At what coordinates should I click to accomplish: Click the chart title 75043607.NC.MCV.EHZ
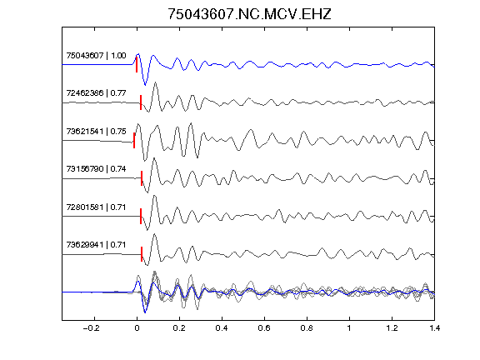tap(249, 14)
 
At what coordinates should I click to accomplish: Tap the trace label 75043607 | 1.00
tap(96, 55)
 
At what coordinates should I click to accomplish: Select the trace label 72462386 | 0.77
tap(96, 92)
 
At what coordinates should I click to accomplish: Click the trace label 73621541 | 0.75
tap(96, 132)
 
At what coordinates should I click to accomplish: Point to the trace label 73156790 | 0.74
tap(96, 169)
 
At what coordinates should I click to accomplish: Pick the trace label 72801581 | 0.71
tap(96, 207)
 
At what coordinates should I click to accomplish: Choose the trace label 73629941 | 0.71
tap(96, 245)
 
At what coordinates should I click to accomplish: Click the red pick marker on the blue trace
tap(137, 65)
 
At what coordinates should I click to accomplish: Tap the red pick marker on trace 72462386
tap(141, 102)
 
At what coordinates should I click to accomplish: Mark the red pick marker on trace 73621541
tap(134, 141)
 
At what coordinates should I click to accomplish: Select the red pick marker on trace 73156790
tap(142, 178)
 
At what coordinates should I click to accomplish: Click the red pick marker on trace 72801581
tap(141, 216)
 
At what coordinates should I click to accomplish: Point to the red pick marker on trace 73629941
tap(142, 254)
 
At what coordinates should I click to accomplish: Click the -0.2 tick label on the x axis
tap(91, 328)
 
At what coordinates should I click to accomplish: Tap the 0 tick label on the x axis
tap(137, 328)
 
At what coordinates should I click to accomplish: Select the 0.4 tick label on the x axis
tap(222, 328)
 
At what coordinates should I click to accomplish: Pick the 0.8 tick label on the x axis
tap(307, 328)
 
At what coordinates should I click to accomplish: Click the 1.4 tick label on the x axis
tap(434, 328)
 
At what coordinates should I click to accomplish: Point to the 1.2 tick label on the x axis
tap(392, 328)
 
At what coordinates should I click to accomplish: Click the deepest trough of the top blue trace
tap(145, 85)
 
